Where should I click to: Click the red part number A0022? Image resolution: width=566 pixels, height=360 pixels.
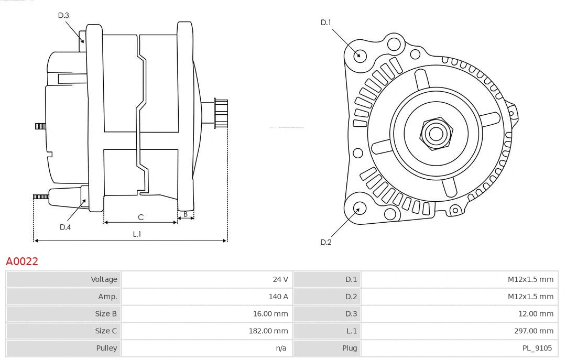point(22,261)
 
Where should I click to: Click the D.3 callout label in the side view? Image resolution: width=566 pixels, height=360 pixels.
point(63,15)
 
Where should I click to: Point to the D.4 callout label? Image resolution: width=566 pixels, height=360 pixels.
point(65,227)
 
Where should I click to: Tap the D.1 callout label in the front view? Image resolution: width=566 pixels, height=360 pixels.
point(326,22)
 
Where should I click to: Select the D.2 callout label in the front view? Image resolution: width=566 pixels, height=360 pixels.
point(326,242)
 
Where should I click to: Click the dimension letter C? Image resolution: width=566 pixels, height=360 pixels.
point(140,217)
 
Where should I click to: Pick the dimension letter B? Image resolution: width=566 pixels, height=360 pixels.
point(186,214)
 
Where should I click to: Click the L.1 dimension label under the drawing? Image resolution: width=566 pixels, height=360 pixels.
point(137,234)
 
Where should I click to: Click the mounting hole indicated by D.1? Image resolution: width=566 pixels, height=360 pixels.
point(360,55)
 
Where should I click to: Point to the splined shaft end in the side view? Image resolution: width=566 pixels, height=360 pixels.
point(221,113)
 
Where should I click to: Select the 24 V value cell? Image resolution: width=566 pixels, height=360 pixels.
point(280,279)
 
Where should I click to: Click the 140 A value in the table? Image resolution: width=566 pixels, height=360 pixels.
point(278,297)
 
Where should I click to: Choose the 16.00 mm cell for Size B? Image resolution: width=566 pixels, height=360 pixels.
point(273,314)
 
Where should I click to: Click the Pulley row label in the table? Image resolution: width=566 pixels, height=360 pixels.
point(106,348)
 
